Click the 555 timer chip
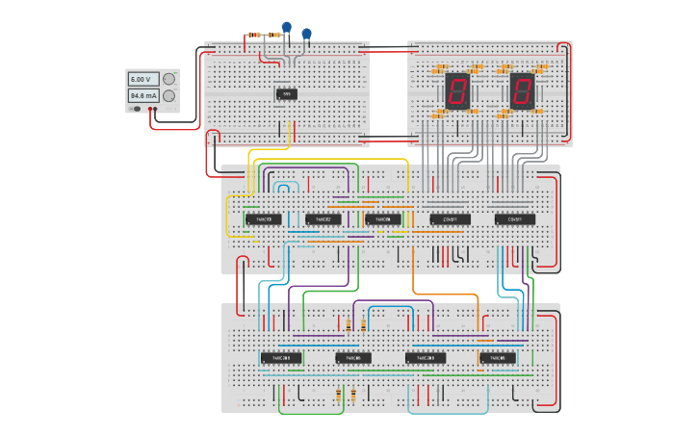(x=286, y=94)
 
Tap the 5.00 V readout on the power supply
(x=141, y=79)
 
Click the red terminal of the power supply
(x=154, y=109)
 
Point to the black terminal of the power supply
(x=148, y=109)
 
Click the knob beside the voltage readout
(x=168, y=79)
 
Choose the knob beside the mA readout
(x=168, y=96)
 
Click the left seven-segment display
(x=456, y=90)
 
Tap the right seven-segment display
(x=522, y=90)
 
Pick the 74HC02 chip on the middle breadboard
(x=323, y=219)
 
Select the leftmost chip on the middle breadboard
(x=263, y=219)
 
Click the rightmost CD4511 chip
(x=515, y=219)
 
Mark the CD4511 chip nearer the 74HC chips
(x=450, y=219)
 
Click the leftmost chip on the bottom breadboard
(x=281, y=358)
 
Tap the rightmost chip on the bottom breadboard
(x=498, y=358)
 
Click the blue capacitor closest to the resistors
(x=286, y=27)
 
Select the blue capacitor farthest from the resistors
(x=307, y=35)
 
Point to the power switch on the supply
(x=137, y=109)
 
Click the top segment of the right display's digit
(x=523, y=79)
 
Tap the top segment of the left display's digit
(x=457, y=79)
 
